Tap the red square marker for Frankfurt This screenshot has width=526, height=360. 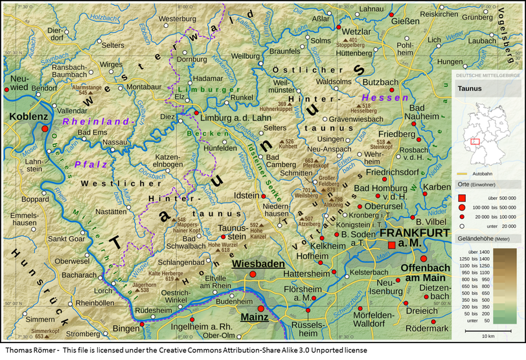click(x=391, y=245)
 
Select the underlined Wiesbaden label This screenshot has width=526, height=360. click(x=258, y=264)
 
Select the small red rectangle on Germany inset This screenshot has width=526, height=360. click(x=475, y=141)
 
